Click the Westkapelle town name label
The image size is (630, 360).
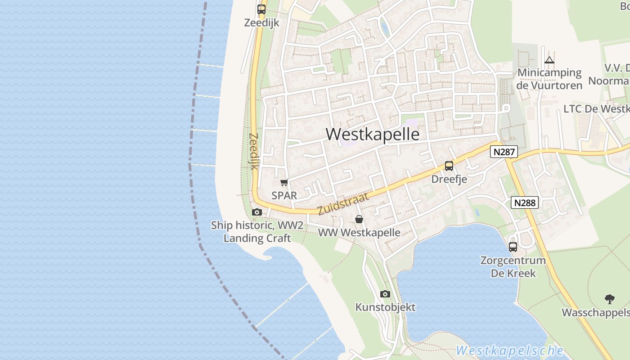point(372,134)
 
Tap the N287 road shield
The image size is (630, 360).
point(504,152)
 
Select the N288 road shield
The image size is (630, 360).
point(525,203)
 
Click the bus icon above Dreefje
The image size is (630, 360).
point(449,166)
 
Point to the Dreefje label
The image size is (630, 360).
point(449,179)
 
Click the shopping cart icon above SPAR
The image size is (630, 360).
point(284,182)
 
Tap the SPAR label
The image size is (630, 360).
point(284,195)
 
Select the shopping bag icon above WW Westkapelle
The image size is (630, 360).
point(359,220)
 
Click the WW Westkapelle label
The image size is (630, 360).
point(359,233)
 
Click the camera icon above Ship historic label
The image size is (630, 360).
point(256,212)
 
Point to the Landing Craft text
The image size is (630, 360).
point(257,238)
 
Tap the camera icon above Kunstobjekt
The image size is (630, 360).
point(385,294)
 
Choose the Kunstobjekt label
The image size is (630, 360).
point(385,307)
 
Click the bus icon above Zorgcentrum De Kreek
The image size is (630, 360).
point(513,247)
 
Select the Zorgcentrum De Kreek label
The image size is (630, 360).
point(513,266)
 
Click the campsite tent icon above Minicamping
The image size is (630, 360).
point(549,60)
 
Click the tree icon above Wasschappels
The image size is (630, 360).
point(609,299)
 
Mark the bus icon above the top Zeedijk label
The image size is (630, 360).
point(261,9)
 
